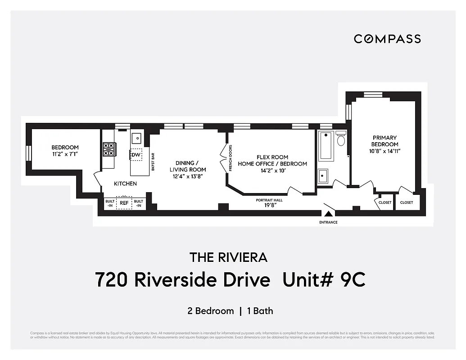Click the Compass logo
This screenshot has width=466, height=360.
[387, 39]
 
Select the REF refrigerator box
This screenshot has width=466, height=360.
[124, 203]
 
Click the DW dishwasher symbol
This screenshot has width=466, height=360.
[136, 155]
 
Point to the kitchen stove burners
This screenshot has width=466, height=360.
[109, 149]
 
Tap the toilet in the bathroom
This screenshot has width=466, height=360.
[341, 139]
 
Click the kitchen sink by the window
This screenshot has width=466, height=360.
[136, 137]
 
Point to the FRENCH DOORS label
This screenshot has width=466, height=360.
[231, 157]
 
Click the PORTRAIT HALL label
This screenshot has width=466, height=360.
[269, 200]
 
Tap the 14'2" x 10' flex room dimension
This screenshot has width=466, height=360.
[272, 171]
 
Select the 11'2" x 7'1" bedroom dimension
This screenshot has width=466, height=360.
[65, 154]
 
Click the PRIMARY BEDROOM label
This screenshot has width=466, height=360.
[385, 141]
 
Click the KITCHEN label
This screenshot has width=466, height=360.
[125, 184]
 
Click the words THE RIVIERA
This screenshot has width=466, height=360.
[228, 257]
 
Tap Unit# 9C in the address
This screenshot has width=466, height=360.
[324, 280]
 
